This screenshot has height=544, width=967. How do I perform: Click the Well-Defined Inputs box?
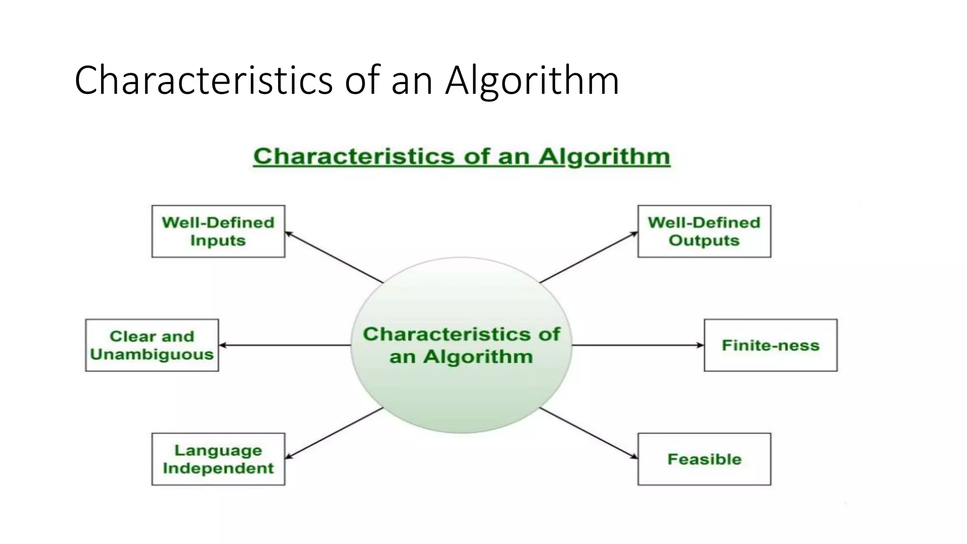(x=218, y=231)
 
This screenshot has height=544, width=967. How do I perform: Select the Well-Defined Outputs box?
(x=704, y=231)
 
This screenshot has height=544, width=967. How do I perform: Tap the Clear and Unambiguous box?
(x=152, y=345)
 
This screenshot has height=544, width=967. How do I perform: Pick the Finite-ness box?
(x=770, y=345)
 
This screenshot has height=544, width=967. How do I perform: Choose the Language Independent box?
(x=218, y=459)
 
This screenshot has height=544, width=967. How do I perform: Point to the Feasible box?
(x=704, y=459)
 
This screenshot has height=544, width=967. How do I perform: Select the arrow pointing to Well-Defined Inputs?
(x=334, y=257)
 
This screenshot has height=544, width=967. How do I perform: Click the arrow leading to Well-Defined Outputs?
(x=588, y=257)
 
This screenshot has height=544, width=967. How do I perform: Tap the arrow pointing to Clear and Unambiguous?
(x=285, y=345)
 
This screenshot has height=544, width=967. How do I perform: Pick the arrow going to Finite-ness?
(x=637, y=345)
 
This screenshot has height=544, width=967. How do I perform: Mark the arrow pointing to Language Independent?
(x=334, y=433)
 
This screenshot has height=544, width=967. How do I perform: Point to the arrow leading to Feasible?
(x=588, y=433)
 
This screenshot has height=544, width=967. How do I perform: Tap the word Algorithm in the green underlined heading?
(x=604, y=157)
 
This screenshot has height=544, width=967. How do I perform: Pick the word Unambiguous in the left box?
(x=152, y=355)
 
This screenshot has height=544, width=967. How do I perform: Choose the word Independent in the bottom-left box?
(x=218, y=468)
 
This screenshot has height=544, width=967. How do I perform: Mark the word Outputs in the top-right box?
(x=704, y=241)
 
